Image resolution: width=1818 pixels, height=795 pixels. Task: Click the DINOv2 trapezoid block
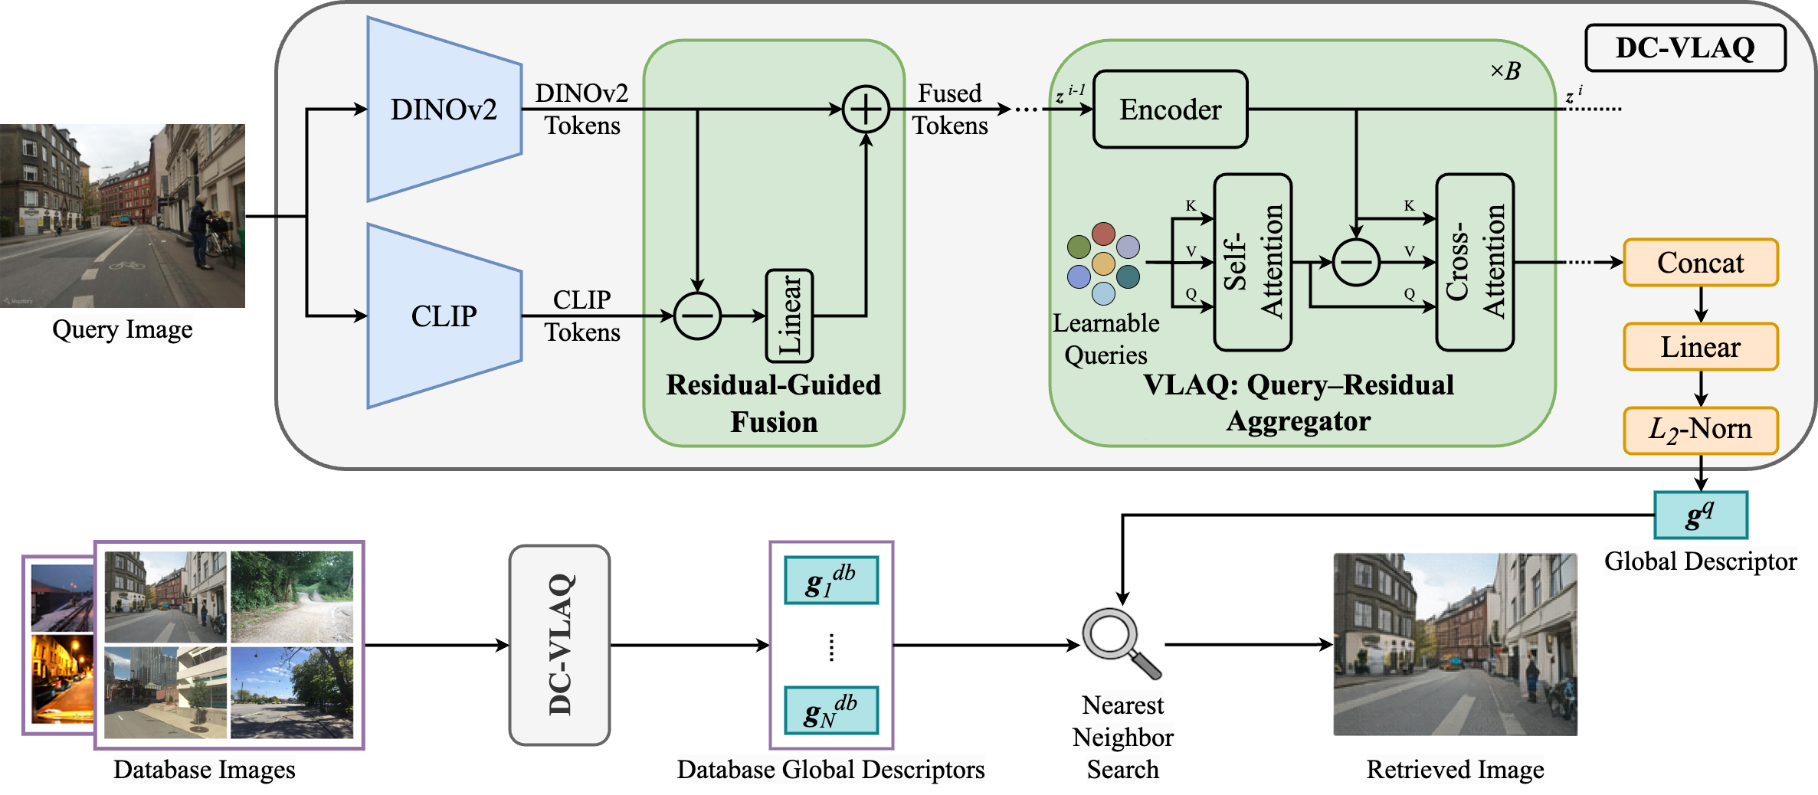[x=444, y=110]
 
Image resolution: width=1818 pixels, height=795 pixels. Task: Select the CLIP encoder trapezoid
[x=444, y=316]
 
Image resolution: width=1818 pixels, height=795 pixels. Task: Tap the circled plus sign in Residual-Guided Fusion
[x=866, y=110]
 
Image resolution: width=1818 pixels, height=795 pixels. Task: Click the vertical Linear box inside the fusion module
[x=789, y=316]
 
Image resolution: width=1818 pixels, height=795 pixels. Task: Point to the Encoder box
[x=1170, y=110]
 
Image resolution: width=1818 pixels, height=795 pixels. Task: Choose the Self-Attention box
[x=1253, y=262]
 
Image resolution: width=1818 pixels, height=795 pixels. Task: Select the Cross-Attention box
[x=1475, y=262]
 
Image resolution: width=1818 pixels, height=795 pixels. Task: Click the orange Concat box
[x=1700, y=263]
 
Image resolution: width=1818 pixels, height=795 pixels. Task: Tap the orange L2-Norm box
[x=1700, y=430]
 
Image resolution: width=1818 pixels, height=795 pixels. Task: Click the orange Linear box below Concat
[x=1700, y=347]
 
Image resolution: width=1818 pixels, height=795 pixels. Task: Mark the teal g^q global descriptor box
[x=1700, y=515]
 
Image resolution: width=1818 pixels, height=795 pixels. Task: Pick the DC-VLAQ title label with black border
[x=1685, y=48]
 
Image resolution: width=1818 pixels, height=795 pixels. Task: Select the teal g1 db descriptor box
[x=831, y=581]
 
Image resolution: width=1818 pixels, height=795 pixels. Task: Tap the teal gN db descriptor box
[x=831, y=711]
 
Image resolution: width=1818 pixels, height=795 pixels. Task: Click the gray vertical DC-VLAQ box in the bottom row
[x=560, y=645]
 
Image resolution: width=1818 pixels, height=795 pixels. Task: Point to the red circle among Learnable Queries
[x=1103, y=234]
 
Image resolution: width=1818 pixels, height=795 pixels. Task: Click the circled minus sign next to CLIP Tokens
[x=697, y=316]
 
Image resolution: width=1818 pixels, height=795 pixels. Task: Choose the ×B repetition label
[x=1505, y=71]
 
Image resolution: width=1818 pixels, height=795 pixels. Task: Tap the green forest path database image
[x=292, y=597]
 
